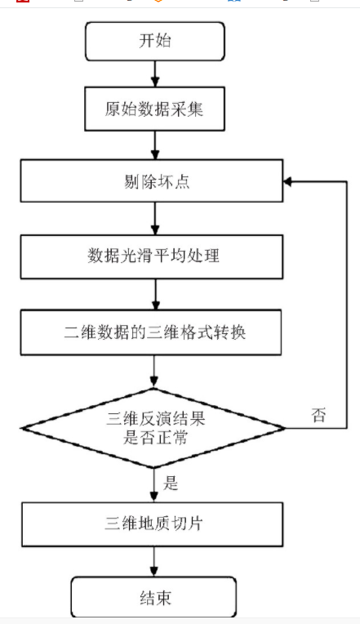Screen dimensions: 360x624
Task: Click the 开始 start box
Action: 155,42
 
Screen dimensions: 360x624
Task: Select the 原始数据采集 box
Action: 155,109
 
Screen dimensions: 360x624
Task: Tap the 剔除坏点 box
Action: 152,181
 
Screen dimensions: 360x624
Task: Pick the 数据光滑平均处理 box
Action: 152,256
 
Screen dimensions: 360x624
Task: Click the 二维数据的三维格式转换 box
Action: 151,332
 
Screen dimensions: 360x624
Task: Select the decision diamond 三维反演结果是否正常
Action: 153,428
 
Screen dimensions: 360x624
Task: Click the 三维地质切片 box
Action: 153,524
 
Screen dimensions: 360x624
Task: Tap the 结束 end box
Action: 153,598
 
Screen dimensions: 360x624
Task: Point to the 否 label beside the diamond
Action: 318,415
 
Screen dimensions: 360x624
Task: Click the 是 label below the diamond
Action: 171,484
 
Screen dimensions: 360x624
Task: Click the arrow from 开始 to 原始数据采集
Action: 155,74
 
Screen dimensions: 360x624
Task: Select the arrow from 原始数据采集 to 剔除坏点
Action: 155,145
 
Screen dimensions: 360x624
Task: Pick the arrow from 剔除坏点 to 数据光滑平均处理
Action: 155,218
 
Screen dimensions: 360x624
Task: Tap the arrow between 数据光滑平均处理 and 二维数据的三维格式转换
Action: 155,295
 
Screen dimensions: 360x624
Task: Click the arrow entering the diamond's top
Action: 154,372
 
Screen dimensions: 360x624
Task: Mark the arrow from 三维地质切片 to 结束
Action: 153,562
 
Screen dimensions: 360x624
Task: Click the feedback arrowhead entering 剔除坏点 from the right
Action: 287,181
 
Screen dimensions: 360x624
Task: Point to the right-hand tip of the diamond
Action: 286,428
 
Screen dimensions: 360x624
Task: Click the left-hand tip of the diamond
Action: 20,428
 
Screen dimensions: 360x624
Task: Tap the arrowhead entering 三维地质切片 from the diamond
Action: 154,497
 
